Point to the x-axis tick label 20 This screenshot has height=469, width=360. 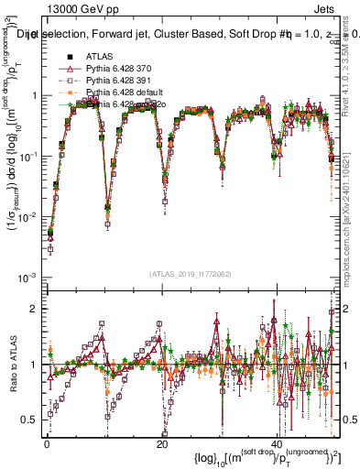coord(162,442)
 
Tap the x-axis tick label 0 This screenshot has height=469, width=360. coord(46,442)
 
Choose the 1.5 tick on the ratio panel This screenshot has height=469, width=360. coord(30,336)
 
